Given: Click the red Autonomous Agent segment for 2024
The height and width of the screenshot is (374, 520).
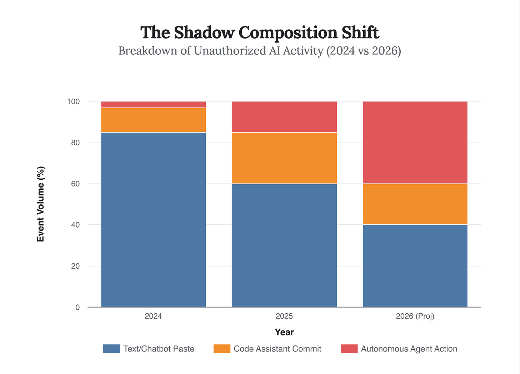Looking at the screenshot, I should coord(154,104).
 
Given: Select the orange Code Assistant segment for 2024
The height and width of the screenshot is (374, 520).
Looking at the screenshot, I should coord(154,120).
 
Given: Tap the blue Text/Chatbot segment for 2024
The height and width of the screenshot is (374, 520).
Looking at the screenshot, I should coord(154,220).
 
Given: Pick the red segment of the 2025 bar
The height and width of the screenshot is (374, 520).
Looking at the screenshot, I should coord(284,117).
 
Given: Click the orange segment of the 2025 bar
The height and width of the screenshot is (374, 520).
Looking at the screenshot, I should coord(284,158).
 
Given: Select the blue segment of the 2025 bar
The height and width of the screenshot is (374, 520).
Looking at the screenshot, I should coord(284,245).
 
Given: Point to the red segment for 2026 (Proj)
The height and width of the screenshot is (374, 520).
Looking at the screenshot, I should coord(415,143).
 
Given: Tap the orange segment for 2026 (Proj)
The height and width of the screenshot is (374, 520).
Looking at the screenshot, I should coord(415,204).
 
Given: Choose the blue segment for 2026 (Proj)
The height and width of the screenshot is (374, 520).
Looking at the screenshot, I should coord(415,266).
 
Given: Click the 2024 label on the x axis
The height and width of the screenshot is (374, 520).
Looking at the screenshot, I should coord(153,316).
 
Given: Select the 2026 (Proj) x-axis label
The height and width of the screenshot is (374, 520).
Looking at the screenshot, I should coord(415,316).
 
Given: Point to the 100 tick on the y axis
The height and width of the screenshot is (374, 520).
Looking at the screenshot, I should coord(73,101).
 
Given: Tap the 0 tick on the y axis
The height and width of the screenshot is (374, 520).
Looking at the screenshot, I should coord(77,307).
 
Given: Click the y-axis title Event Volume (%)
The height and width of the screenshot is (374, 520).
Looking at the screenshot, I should coord(41,204).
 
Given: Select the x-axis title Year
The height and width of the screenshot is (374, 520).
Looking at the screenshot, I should coord(284,332).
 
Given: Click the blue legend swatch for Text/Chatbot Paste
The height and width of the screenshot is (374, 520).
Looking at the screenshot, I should coord(111,349).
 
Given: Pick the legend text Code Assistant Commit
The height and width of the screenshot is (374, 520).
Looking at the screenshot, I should coord(277,349).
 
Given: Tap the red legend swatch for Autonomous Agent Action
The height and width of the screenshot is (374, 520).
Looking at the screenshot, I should coord(349,349).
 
